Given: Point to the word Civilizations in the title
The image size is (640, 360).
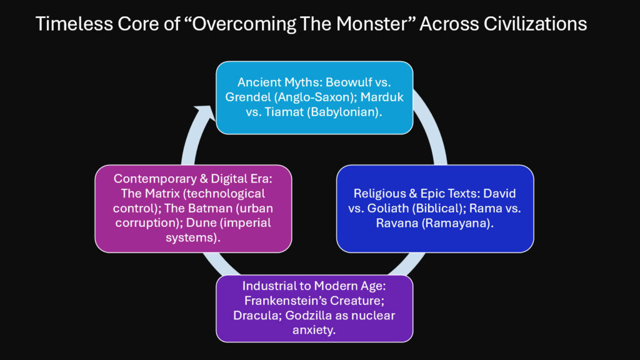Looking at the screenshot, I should point(537,24).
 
